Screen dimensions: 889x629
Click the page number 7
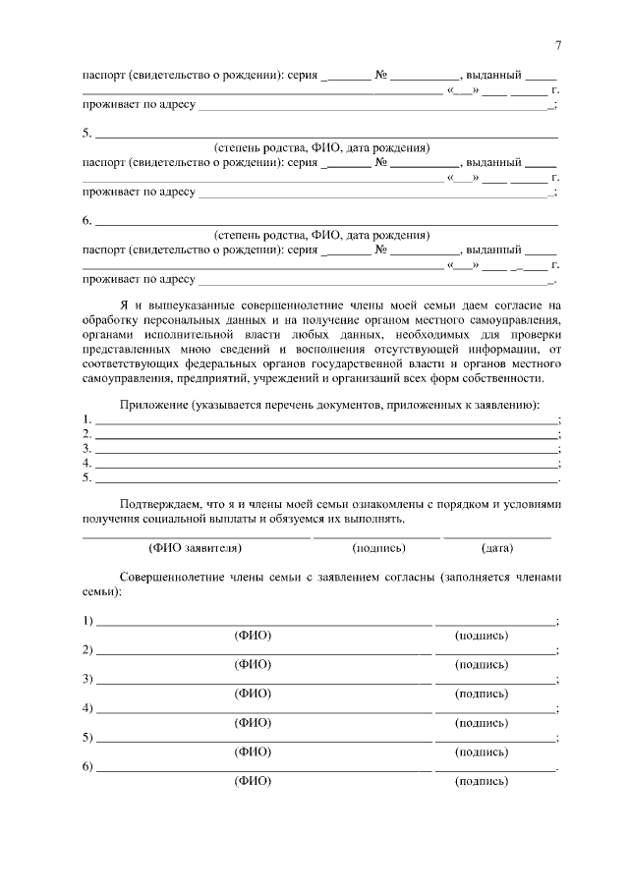pyautogui.click(x=557, y=45)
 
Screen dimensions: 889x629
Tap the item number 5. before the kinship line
pyautogui.click(x=86, y=134)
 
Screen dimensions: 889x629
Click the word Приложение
pyautogui.click(x=152, y=405)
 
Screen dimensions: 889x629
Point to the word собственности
pyautogui.click(x=499, y=378)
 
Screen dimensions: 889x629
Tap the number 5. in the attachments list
pyautogui.click(x=86, y=477)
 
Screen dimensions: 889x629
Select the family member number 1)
pyautogui.click(x=87, y=621)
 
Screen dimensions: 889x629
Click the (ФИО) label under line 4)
pyautogui.click(x=253, y=723)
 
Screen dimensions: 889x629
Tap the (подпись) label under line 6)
pyautogui.click(x=482, y=782)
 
